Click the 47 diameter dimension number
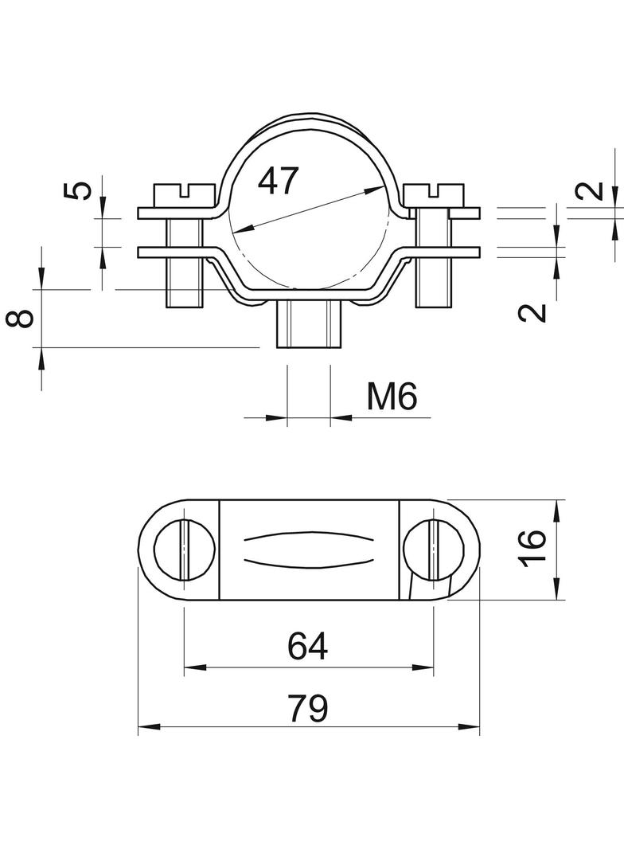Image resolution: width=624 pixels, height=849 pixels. click(278, 181)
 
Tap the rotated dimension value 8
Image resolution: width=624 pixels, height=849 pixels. click(23, 318)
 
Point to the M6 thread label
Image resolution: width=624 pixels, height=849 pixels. click(392, 396)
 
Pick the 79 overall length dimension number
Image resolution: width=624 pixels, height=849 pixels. click(307, 707)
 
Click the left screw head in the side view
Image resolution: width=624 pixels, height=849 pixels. click(183, 194)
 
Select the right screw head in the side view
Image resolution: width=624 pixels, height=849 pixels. click(435, 194)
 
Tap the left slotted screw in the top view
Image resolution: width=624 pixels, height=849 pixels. click(184, 549)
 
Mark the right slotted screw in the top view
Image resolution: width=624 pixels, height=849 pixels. click(434, 549)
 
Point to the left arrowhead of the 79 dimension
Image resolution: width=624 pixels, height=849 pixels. click(148, 727)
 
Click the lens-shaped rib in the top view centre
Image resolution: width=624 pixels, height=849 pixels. click(309, 549)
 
